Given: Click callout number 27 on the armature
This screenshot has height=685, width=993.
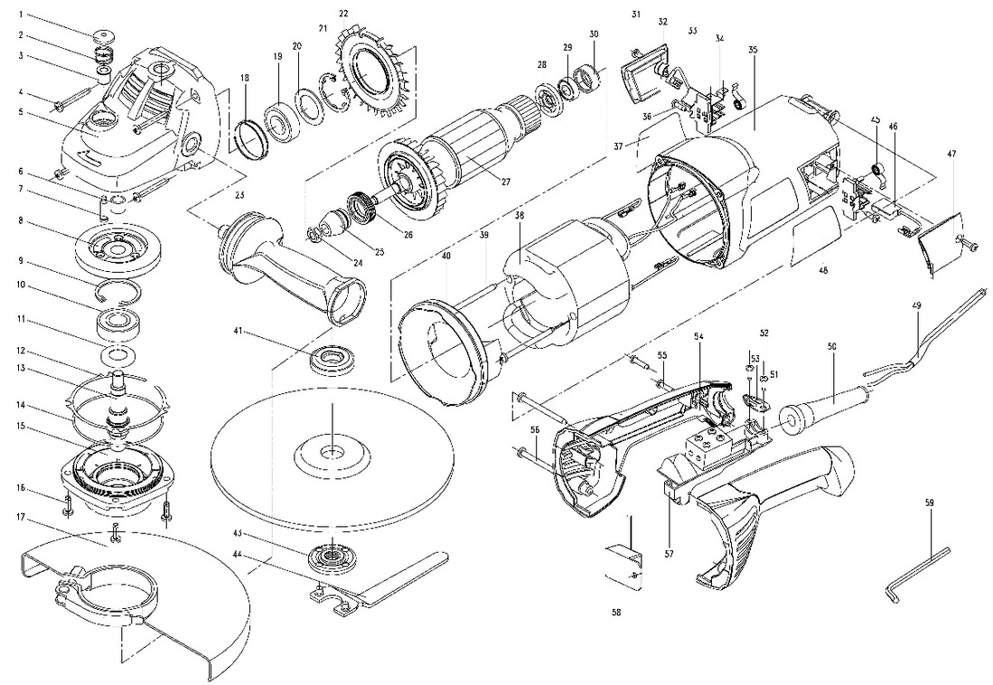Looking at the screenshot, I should tap(506, 182).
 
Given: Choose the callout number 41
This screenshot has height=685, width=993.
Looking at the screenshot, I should tap(236, 333).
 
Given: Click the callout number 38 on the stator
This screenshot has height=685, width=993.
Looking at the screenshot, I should tap(520, 217).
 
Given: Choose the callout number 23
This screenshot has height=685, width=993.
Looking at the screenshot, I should tap(239, 194).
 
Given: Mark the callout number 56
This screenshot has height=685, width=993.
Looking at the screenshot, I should tap(535, 430).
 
